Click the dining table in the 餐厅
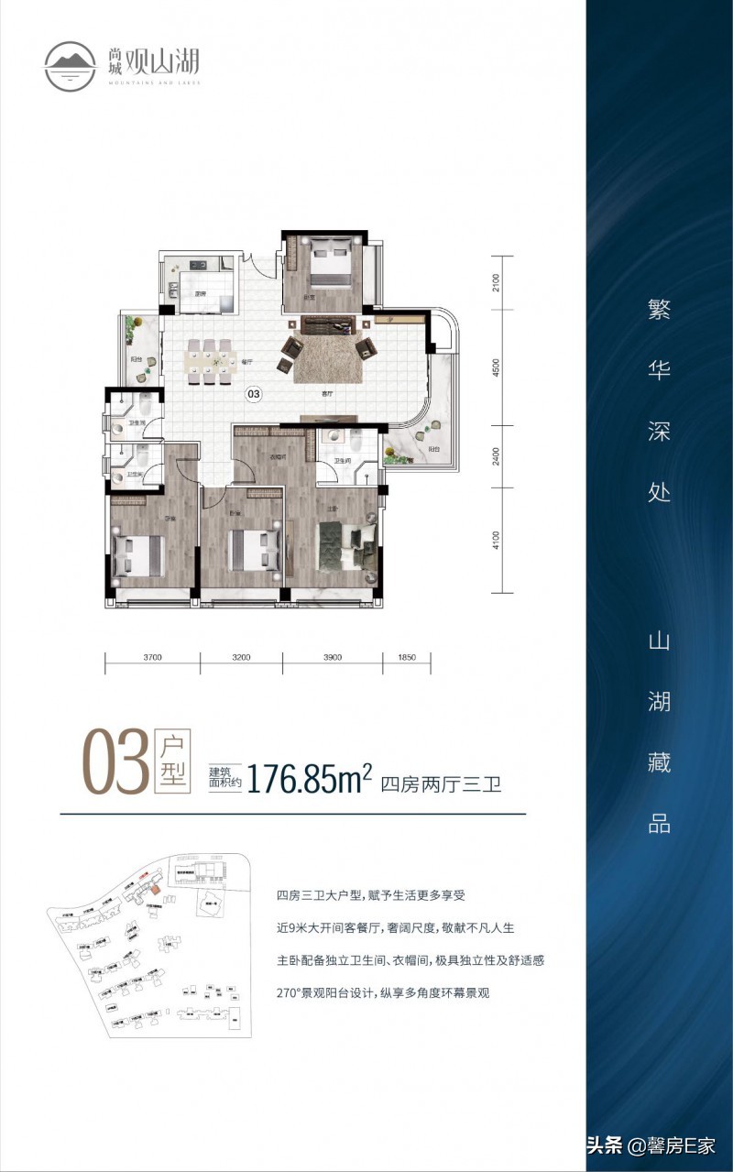210,360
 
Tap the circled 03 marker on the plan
254,395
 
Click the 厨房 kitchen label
199,294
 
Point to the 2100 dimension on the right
496,281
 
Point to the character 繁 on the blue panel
659,312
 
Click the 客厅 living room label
326,392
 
